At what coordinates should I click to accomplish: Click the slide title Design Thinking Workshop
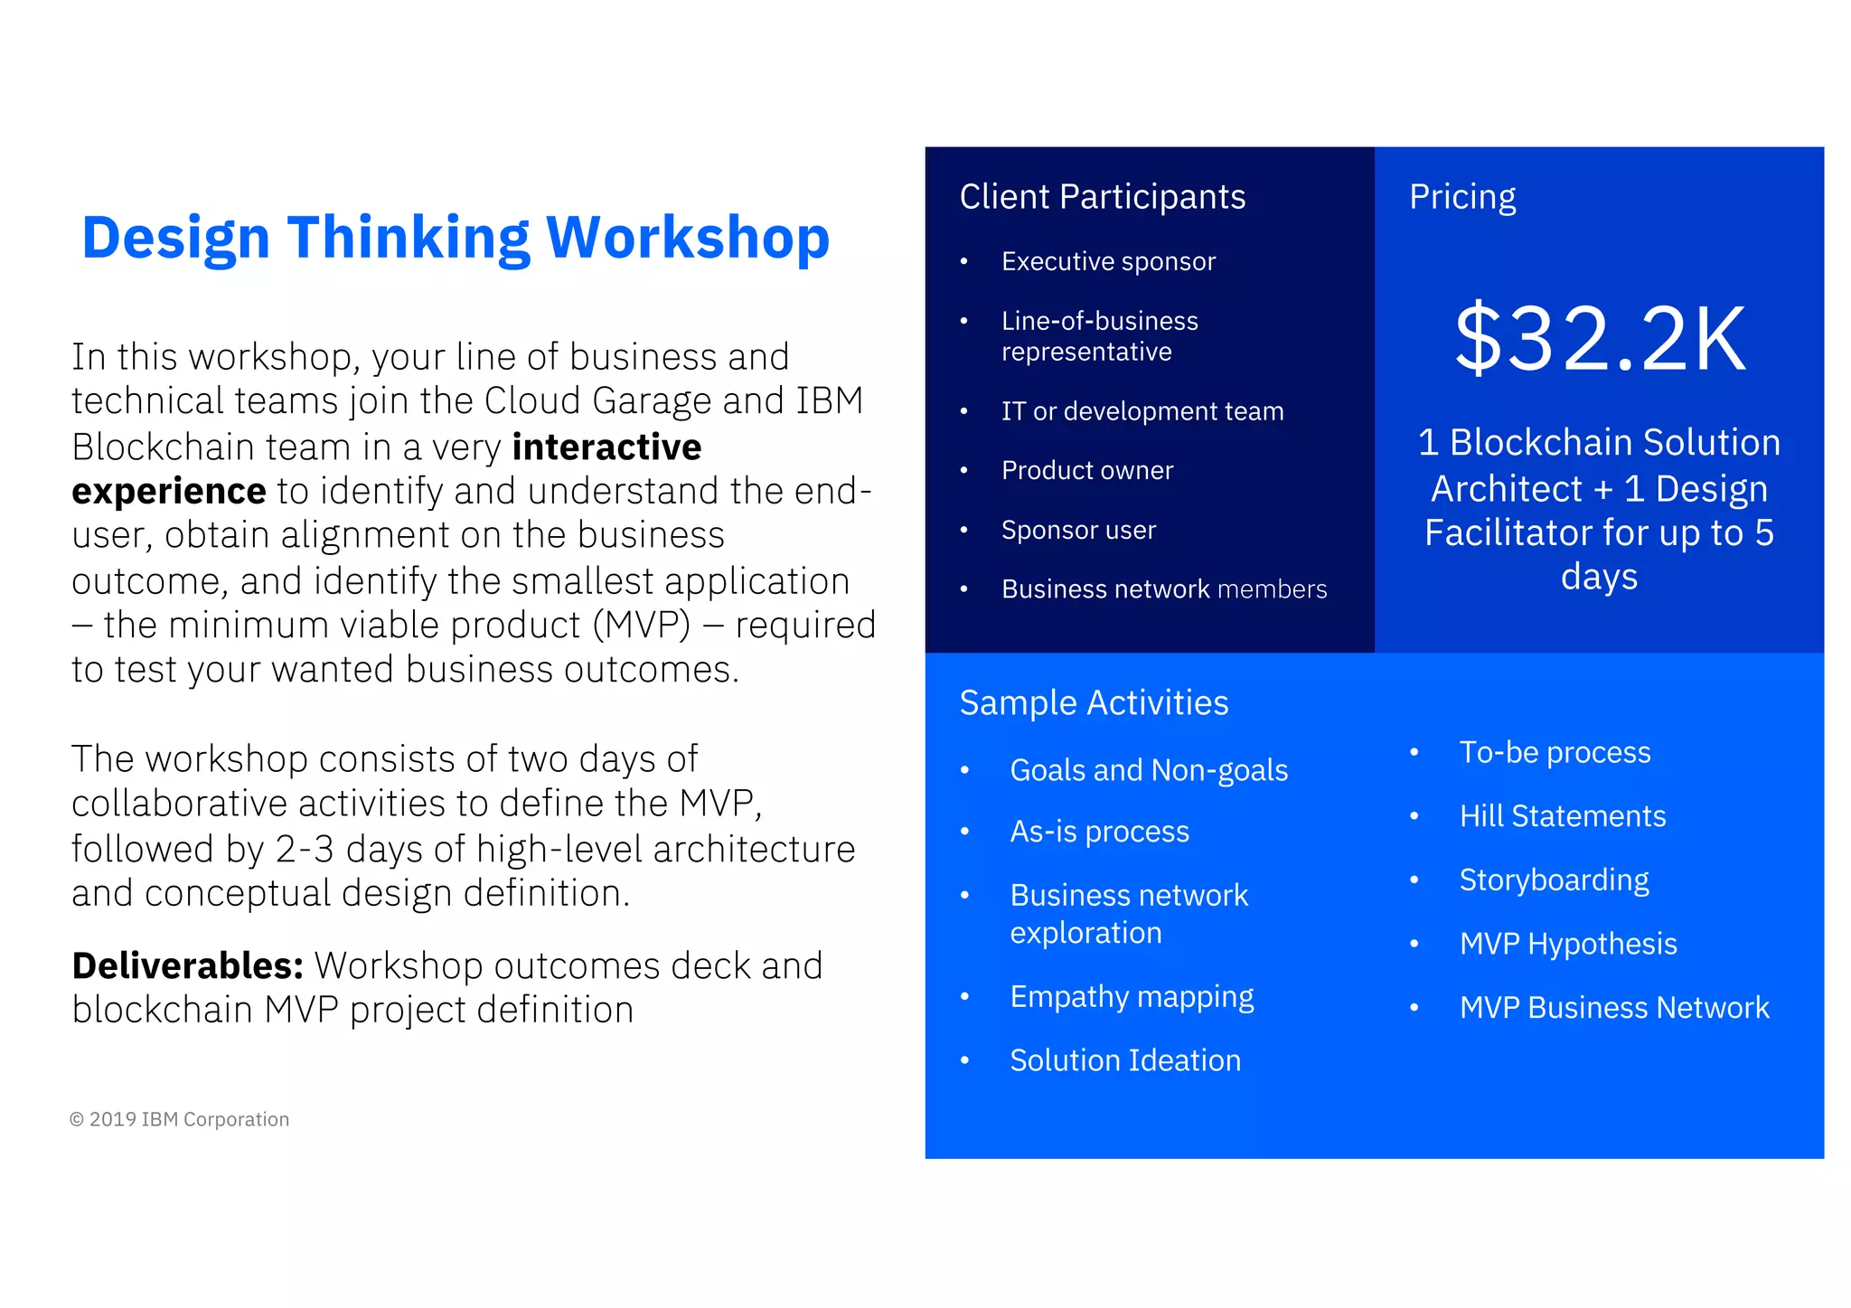pyautogui.click(x=456, y=238)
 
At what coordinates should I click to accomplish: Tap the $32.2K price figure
pyautogui.click(x=1599, y=339)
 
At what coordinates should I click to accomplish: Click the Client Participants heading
pyautogui.click(x=1102, y=197)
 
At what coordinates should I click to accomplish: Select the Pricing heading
pyautogui.click(x=1461, y=197)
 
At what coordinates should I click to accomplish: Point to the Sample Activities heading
pyautogui.click(x=1094, y=703)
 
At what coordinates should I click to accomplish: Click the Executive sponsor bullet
pyautogui.click(x=1108, y=262)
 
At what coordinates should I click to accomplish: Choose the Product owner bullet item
pyautogui.click(x=1086, y=471)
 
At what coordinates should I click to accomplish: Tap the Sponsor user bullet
pyautogui.click(x=1078, y=531)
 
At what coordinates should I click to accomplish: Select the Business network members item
pyautogui.click(x=1163, y=589)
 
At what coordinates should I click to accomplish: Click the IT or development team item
pyautogui.click(x=1142, y=412)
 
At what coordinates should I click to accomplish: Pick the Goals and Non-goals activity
pyautogui.click(x=1148, y=770)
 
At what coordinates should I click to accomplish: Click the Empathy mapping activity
pyautogui.click(x=1132, y=997)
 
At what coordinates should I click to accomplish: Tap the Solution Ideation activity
pyautogui.click(x=1124, y=1060)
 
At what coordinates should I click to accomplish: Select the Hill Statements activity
pyautogui.click(x=1562, y=816)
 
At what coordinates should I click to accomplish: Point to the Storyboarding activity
pyautogui.click(x=1554, y=880)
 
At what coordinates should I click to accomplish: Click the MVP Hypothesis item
pyautogui.click(x=1567, y=944)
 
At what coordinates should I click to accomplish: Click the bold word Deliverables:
pyautogui.click(x=187, y=966)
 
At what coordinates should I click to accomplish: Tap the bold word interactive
pyautogui.click(x=606, y=447)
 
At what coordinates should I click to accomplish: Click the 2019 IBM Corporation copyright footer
pyautogui.click(x=179, y=1120)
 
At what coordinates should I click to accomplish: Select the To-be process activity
pyautogui.click(x=1555, y=753)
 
